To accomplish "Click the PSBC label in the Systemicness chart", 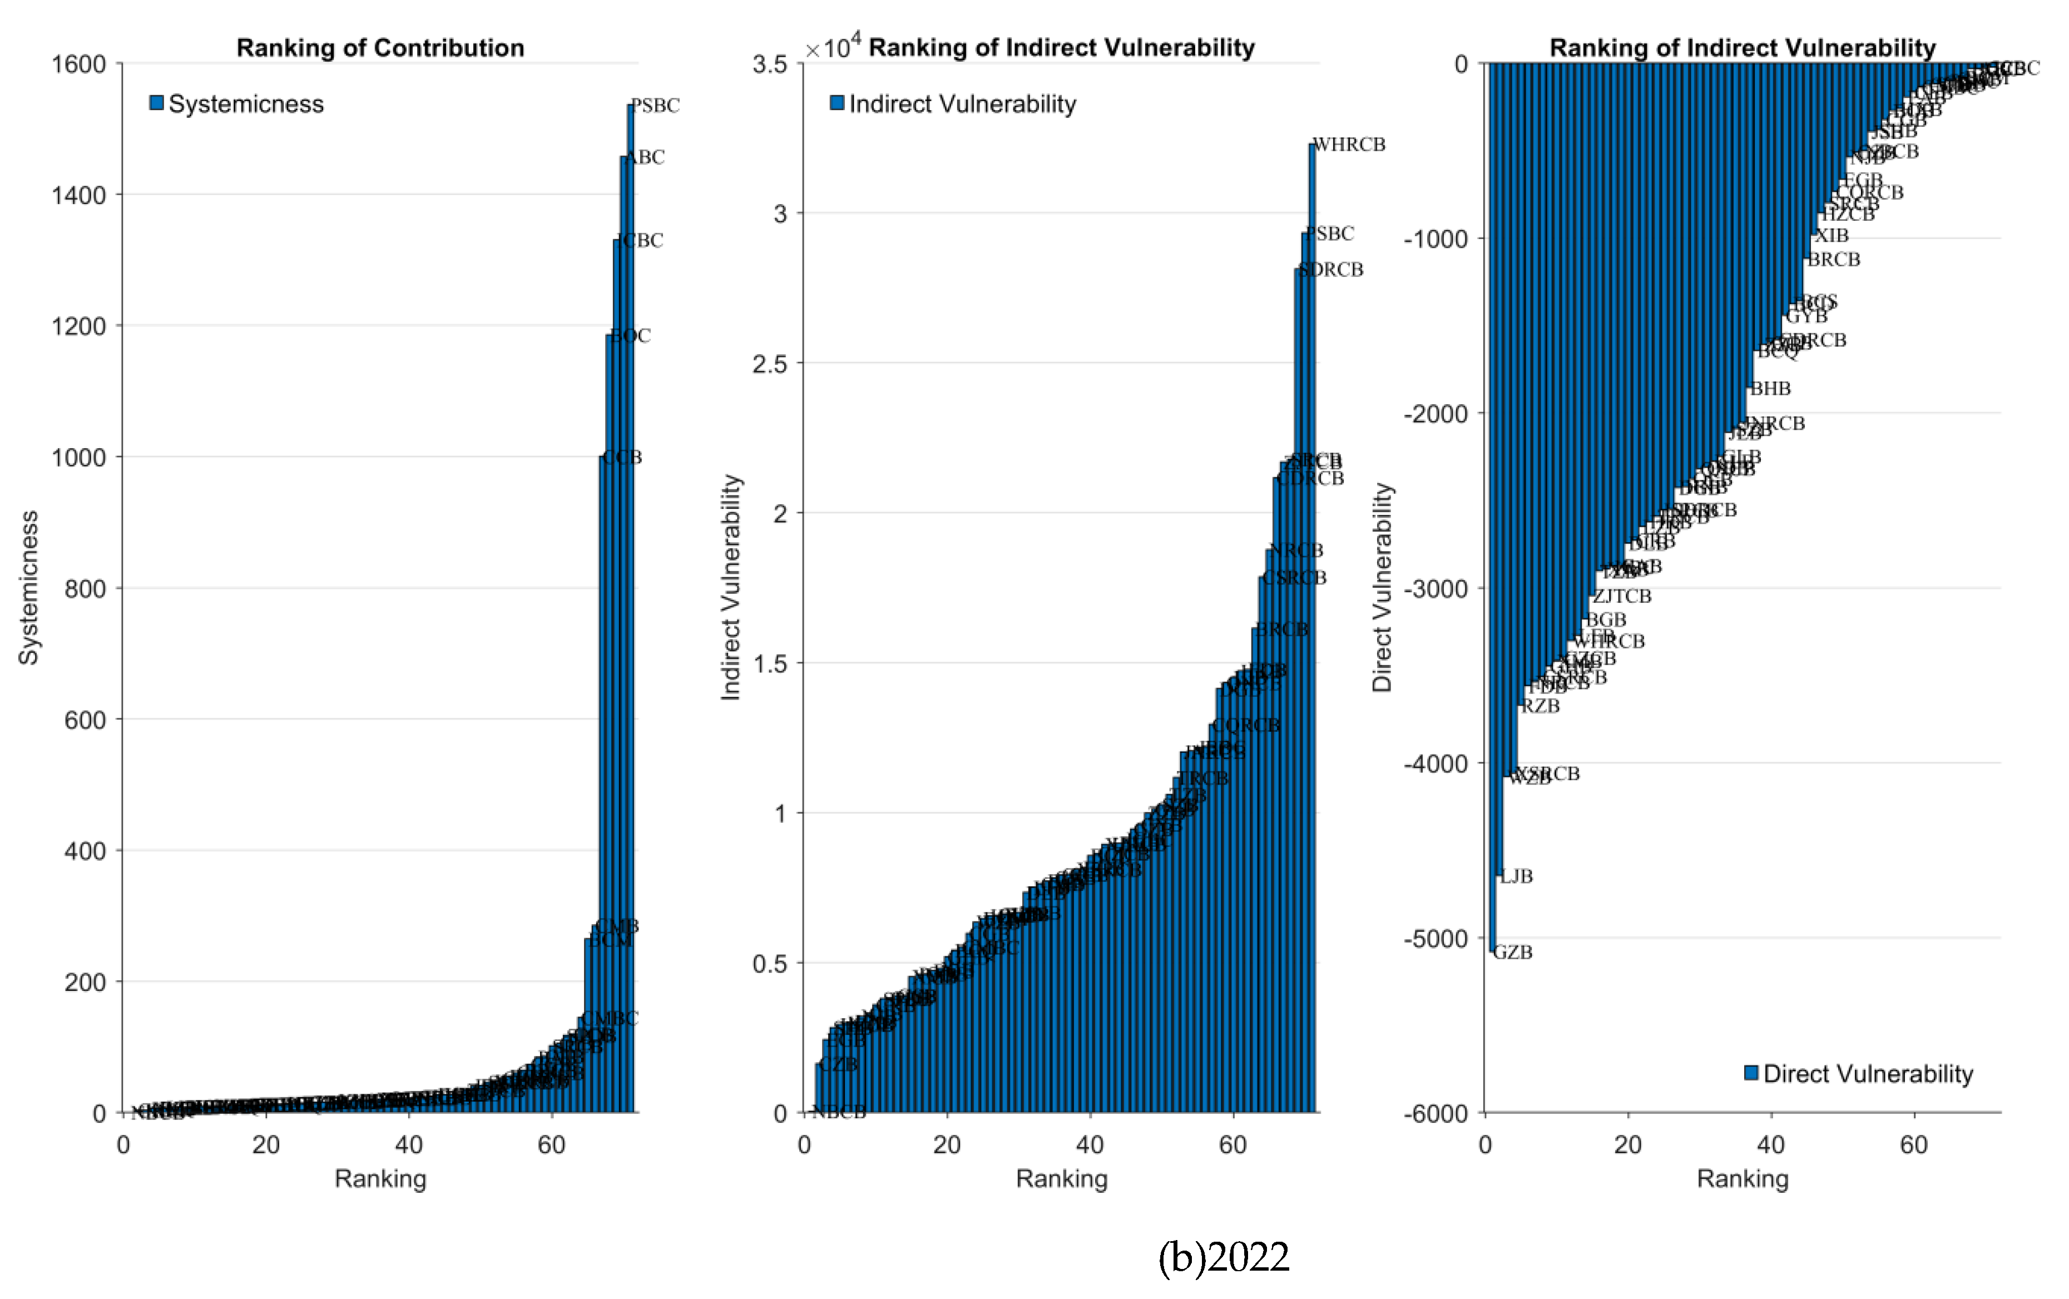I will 656,106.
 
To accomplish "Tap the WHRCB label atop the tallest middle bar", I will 1349,145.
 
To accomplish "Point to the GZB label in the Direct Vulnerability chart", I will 1513,952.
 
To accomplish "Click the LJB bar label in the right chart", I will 1517,876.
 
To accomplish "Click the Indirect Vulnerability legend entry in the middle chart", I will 954,104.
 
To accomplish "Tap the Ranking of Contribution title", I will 380,48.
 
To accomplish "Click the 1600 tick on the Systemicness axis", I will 78,65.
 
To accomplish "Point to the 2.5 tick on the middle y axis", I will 769,364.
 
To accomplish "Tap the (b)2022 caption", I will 1224,1257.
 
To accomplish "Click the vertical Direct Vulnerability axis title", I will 1381,588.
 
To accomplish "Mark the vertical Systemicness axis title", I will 28,588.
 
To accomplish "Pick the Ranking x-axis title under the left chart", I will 380,1179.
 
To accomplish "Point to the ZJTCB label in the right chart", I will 1622,596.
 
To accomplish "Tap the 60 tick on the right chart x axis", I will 1913,1145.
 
